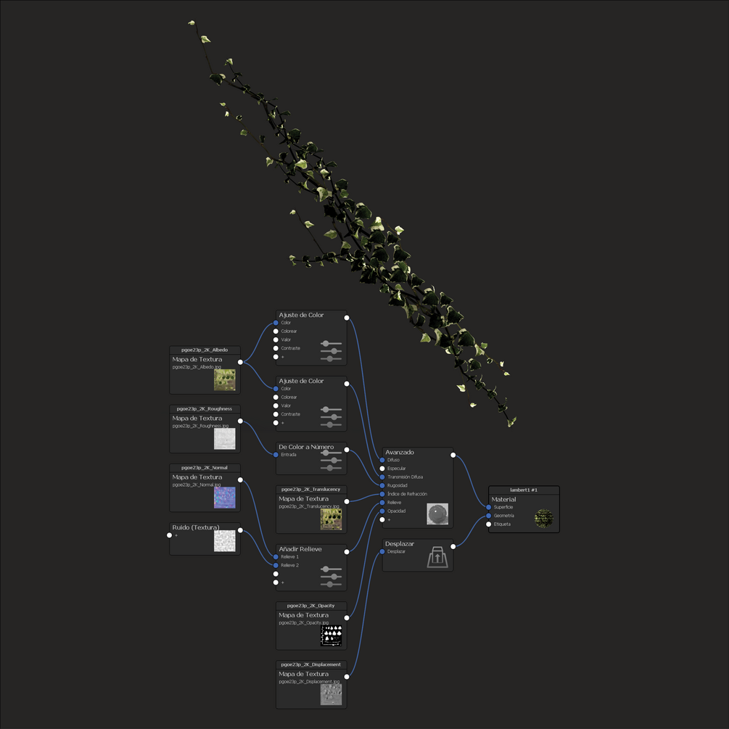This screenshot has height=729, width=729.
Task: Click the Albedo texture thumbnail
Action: [x=224, y=379]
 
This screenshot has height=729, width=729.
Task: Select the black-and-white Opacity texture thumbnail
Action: [x=331, y=635]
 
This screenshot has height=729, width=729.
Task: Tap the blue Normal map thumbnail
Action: [x=224, y=498]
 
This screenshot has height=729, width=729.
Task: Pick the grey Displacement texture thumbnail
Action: [x=331, y=694]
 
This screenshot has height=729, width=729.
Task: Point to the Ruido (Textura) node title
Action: [x=195, y=527]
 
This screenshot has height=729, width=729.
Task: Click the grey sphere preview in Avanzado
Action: [x=437, y=514]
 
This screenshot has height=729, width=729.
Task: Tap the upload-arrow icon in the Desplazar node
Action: [x=437, y=557]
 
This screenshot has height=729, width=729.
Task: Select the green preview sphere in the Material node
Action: [x=544, y=518]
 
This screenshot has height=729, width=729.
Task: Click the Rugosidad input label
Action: [x=398, y=485]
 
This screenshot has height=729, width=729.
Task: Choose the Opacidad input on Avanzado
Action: [x=397, y=511]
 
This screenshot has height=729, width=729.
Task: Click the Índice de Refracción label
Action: [x=407, y=494]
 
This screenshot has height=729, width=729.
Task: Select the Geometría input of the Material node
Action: [x=503, y=516]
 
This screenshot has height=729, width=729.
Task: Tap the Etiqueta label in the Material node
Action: [x=502, y=524]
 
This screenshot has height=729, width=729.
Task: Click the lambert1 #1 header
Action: [x=524, y=490]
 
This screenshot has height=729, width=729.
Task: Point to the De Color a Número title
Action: [x=305, y=447]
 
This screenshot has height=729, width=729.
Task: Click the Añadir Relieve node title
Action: [x=300, y=549]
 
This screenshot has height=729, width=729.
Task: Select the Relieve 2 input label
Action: [x=291, y=565]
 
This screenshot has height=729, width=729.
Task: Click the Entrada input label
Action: [x=289, y=455]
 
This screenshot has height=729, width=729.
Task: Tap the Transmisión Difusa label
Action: [x=405, y=477]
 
